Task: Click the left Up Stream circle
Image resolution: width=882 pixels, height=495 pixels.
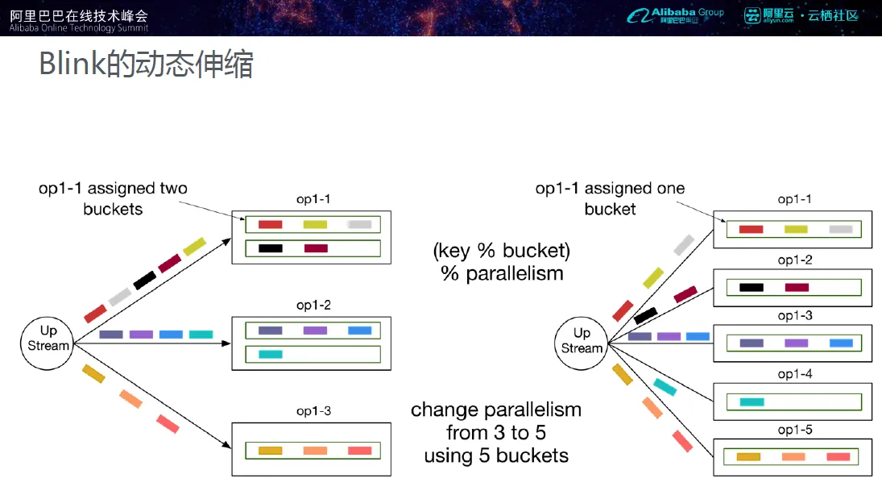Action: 48,343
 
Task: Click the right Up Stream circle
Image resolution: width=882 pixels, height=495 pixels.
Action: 581,343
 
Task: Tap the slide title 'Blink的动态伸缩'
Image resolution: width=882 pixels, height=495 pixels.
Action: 146,64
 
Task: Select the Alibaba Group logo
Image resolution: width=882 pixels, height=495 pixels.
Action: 676,15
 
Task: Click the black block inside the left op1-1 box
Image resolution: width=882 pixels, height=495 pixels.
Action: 271,248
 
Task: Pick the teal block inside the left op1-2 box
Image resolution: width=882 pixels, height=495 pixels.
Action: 271,354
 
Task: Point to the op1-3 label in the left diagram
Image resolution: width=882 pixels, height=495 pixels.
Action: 313,411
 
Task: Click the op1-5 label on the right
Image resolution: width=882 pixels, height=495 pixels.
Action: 795,430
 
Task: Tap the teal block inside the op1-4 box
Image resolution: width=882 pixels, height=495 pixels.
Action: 752,402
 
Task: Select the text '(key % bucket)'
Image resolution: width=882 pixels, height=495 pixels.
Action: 501,251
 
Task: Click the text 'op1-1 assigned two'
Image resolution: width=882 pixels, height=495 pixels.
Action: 113,188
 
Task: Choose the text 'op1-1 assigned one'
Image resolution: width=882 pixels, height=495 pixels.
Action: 610,188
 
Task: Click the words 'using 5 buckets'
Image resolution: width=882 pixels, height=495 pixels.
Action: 496,455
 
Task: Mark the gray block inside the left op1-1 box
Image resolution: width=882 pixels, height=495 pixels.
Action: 359,225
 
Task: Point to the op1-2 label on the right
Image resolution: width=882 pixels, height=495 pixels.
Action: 795,260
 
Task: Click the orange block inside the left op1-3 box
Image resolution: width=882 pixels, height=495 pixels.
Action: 315,451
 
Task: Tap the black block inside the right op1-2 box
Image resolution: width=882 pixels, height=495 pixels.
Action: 752,288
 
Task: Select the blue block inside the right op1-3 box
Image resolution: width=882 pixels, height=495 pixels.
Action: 842,343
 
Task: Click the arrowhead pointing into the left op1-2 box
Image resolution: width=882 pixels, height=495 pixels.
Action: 226,343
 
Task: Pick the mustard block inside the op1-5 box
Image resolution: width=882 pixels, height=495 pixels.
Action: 748,457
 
